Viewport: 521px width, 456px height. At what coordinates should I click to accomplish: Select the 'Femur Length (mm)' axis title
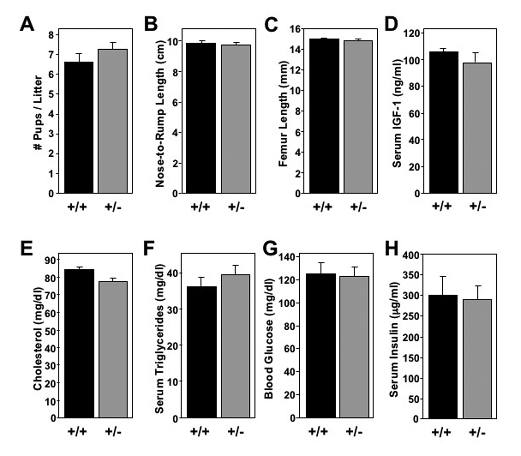click(283, 114)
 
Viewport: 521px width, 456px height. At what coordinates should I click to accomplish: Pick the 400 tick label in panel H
click(411, 255)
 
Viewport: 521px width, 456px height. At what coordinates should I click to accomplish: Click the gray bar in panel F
click(236, 346)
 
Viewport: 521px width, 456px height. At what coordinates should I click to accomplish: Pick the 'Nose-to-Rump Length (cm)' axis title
click(160, 114)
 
